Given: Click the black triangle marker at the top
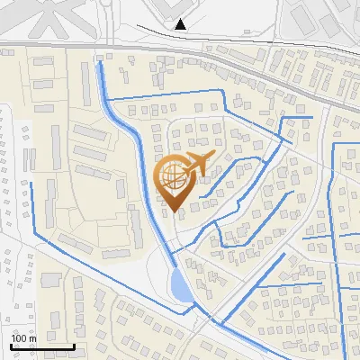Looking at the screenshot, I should click(x=182, y=24).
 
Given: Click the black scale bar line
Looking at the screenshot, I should click(x=42, y=346).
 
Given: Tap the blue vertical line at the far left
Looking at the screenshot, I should click(x=32, y=207).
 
